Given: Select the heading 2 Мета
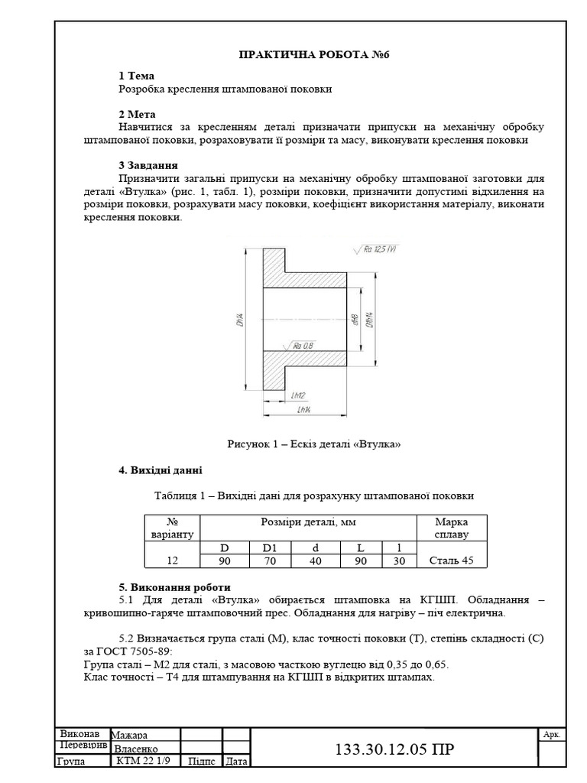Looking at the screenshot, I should point(137,114).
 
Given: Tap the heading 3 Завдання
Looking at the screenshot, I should point(148,164).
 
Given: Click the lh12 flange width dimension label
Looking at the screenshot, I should point(298,395).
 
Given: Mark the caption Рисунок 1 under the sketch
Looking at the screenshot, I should point(314,444).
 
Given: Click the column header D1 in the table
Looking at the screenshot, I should point(271,547).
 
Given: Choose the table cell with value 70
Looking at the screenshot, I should point(271,560).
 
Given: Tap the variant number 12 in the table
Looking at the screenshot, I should point(173,560).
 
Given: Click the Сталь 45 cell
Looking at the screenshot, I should point(452,560).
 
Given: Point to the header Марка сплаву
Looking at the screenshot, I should point(452,528).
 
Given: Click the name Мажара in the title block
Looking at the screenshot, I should point(131,735).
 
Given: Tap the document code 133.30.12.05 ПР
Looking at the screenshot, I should point(394,749).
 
